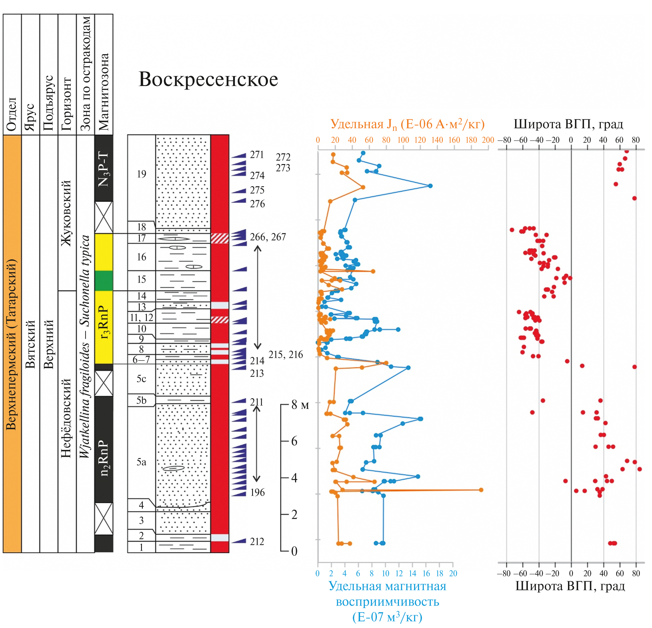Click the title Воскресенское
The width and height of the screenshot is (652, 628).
pos(208,79)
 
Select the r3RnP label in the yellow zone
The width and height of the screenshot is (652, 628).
pos(103,322)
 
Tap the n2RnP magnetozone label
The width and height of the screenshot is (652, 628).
pos(103,458)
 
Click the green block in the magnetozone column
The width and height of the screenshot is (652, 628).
pos(103,281)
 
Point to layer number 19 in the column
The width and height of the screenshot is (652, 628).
pos(141,174)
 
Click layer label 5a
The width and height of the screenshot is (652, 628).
pos(141,462)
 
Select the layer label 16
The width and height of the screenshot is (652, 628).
pos(141,257)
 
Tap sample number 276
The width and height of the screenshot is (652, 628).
pos(257,204)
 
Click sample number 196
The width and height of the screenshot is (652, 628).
pos(257,493)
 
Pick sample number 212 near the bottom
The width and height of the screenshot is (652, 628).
pos(257,542)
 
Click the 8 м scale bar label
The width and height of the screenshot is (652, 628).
pos(300,405)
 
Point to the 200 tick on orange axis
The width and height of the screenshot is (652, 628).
pos(488,140)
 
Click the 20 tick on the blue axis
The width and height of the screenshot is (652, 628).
pos(453,574)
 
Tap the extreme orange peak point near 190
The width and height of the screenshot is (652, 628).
pos(481,490)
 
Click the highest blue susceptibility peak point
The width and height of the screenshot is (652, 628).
pos(430,186)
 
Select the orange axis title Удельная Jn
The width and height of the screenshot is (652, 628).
pos(407,125)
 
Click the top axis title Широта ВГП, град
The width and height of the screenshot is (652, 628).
pos(568,124)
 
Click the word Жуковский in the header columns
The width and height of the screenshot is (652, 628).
pos(67,213)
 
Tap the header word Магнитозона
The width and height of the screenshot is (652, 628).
pos(103,92)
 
